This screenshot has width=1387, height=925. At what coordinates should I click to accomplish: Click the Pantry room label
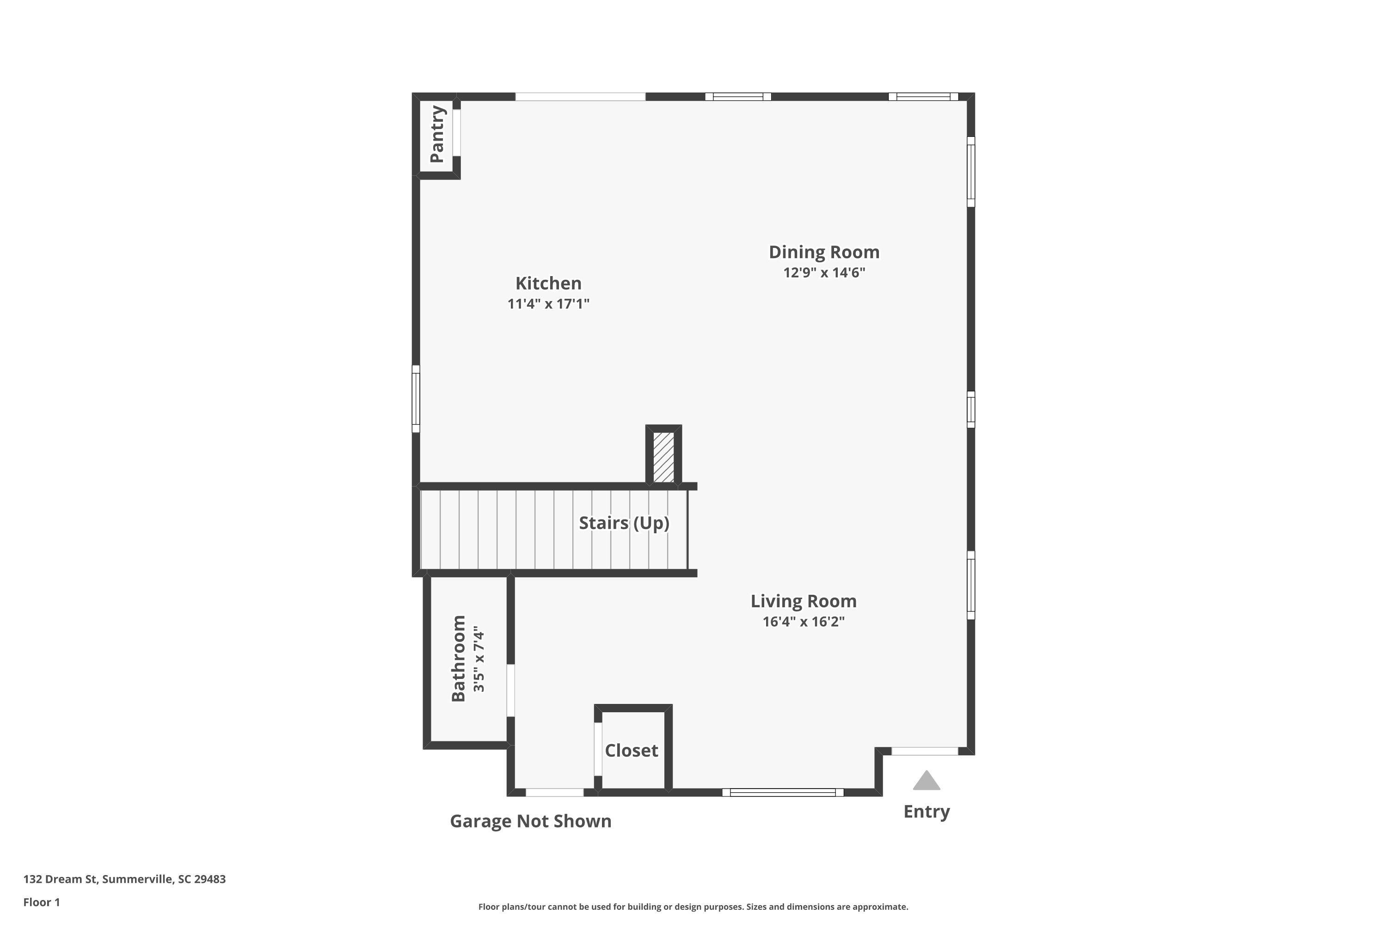click(x=437, y=134)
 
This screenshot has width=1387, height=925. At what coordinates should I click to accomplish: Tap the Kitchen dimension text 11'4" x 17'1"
click(x=548, y=304)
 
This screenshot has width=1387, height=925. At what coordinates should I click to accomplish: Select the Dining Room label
click(x=824, y=253)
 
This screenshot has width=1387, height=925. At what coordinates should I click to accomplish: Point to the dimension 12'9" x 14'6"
click(x=824, y=272)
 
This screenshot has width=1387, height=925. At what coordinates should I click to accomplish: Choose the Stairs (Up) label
click(x=624, y=523)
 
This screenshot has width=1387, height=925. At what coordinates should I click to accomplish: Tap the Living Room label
click(x=803, y=601)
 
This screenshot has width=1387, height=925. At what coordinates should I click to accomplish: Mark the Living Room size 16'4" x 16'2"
click(x=803, y=622)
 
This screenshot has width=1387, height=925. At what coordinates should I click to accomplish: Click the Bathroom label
click(x=459, y=658)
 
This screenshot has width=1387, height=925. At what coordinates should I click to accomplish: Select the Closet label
click(x=631, y=750)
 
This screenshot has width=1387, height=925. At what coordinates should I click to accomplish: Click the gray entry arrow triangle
click(x=927, y=781)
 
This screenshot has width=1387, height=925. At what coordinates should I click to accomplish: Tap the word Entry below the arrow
click(x=927, y=812)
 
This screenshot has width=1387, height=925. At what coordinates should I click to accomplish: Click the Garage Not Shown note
click(x=530, y=821)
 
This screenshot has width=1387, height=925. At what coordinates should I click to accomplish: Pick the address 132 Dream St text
click(x=124, y=879)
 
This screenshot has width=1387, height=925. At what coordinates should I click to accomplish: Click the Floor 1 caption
click(x=41, y=902)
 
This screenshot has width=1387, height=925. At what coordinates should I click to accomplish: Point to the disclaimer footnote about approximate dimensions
click(x=693, y=906)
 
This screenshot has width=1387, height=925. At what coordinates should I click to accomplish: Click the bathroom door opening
click(x=511, y=690)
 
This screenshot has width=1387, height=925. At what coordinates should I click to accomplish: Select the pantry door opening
click(x=456, y=133)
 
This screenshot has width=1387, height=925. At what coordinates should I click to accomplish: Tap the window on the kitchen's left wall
click(x=416, y=399)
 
